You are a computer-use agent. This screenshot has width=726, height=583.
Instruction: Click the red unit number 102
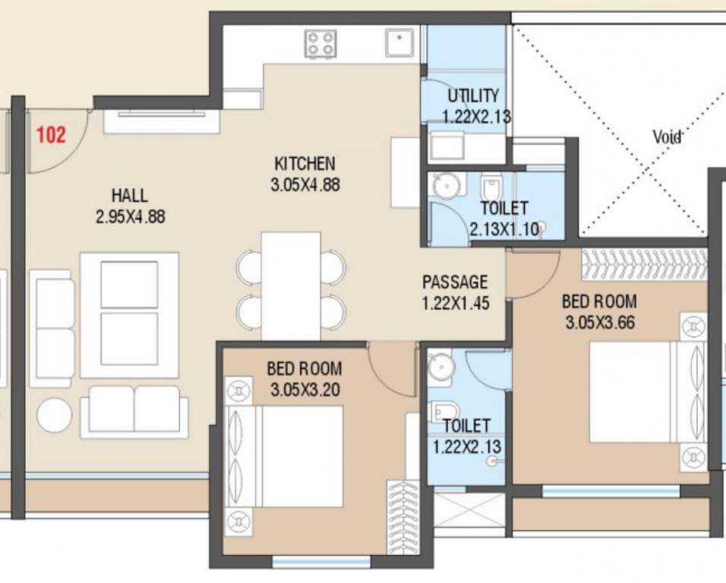[x=51, y=136]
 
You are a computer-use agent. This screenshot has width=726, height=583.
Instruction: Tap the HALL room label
[x=130, y=195]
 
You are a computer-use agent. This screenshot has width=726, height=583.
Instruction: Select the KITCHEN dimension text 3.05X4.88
[x=305, y=183]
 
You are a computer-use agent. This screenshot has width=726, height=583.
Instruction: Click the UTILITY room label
[x=474, y=96]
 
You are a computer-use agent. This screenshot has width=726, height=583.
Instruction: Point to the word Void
[x=667, y=137]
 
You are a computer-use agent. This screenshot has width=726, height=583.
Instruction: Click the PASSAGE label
[x=455, y=282]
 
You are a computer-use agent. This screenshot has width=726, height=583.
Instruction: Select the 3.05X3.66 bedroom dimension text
[x=599, y=323]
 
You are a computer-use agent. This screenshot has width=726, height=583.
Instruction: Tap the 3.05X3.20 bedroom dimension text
[x=305, y=390]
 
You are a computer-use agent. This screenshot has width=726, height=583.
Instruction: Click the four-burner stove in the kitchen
[x=320, y=43]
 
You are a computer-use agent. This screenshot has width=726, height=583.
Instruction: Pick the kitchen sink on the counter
[x=399, y=43]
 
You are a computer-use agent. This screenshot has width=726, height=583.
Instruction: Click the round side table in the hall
[x=55, y=415]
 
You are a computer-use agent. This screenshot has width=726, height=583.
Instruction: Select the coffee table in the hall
[x=130, y=315]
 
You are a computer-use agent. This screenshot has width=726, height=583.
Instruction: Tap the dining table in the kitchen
[x=291, y=286]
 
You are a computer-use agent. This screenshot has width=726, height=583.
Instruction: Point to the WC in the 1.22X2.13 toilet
[x=443, y=412]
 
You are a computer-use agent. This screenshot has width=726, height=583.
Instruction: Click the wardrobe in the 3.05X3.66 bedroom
[x=644, y=264]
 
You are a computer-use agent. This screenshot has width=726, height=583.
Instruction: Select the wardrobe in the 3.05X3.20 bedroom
[x=402, y=516]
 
